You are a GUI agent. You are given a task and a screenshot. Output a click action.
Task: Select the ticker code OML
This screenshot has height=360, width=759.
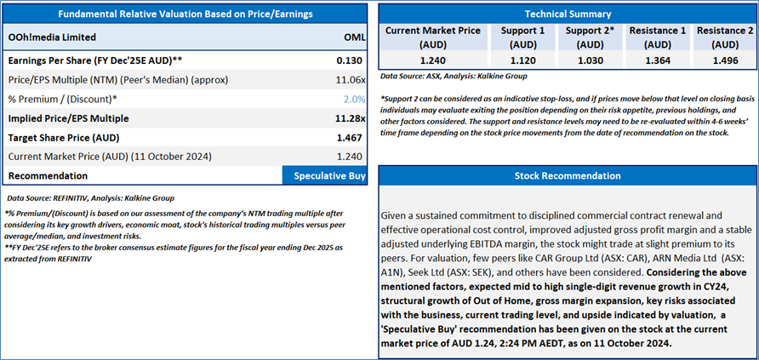pos(355,37)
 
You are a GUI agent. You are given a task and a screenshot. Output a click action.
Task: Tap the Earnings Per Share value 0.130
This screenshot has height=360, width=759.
pos(351,60)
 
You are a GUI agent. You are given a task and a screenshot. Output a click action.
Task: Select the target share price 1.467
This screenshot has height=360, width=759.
pos(351,137)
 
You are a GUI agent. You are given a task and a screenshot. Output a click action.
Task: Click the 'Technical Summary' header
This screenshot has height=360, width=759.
pos(568,14)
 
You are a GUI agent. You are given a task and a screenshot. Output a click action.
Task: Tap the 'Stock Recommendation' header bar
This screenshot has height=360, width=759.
pos(568,176)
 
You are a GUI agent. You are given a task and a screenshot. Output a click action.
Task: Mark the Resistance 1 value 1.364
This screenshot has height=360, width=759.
pos(657,61)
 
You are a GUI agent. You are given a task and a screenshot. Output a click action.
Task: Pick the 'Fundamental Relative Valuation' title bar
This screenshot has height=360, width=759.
pos(185,14)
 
